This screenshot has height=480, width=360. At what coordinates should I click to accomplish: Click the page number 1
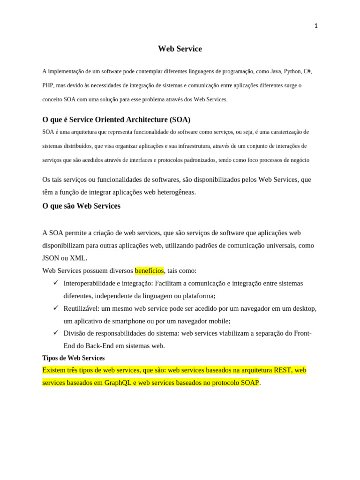click(316, 26)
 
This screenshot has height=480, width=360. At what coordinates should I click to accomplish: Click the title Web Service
click(180, 49)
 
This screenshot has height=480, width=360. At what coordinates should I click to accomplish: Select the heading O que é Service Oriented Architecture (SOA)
click(116, 120)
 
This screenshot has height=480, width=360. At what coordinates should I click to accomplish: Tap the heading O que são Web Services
click(81, 206)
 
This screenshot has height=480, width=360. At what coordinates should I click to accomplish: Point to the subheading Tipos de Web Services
click(73, 358)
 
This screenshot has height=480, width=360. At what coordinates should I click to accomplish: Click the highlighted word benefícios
click(149, 270)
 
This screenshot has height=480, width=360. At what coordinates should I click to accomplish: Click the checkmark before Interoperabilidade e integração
click(55, 282)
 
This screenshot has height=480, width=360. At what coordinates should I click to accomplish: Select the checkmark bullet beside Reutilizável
click(55, 307)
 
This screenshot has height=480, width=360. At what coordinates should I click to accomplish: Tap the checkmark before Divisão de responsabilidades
click(55, 332)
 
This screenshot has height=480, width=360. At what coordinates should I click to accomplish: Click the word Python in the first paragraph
click(292, 71)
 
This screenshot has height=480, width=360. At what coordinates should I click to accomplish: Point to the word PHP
click(48, 85)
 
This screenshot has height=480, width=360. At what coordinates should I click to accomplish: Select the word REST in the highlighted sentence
click(282, 370)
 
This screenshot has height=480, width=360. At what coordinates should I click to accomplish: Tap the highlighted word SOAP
click(250, 382)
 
